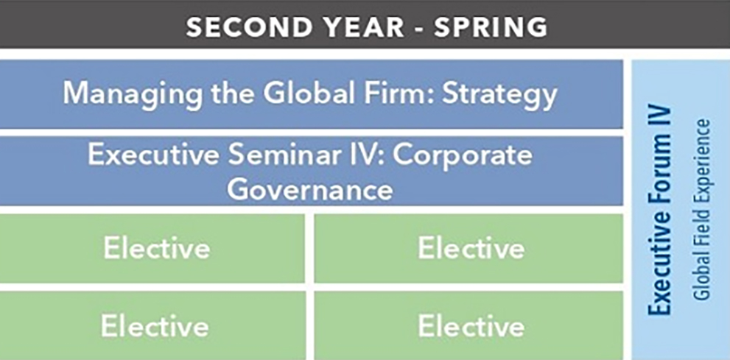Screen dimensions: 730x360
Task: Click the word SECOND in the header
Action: [x=249, y=27]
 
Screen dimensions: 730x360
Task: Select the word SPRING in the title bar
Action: [x=491, y=27]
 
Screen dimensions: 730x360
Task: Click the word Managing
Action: [x=133, y=95]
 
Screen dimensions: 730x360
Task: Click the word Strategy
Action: [x=499, y=95]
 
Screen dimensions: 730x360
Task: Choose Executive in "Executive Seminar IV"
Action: [x=152, y=155]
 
